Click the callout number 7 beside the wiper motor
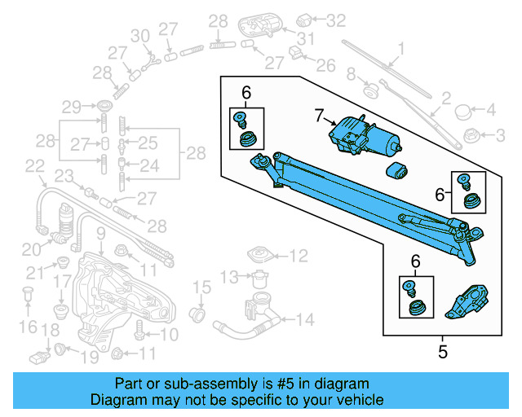pos(320,116)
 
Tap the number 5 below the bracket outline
pos(443,353)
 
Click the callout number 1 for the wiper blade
pos(400,48)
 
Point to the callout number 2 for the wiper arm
pos(446,99)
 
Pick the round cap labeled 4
pos(463,110)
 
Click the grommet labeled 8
pos(368,87)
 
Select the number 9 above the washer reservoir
pos(100,235)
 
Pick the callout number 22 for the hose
pos(33,165)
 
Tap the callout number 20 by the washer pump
pos(30,249)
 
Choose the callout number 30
pos(139,36)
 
